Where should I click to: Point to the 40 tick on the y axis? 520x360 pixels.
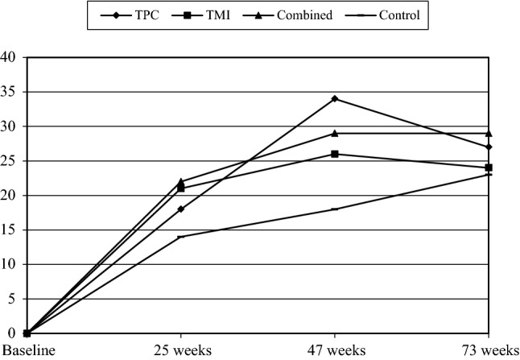pos(9,57)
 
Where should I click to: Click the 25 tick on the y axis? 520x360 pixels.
pos(9,161)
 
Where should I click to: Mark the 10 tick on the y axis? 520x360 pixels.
pos(9,264)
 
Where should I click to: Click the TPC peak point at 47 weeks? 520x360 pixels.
pos(334,99)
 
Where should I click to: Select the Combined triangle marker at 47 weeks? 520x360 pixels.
pos(334,133)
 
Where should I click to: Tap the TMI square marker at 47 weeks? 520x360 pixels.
pos(334,154)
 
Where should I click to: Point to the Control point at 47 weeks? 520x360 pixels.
pos(334,209)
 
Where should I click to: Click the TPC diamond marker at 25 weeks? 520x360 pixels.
pos(180,209)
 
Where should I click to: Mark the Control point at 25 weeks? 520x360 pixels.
pos(180,237)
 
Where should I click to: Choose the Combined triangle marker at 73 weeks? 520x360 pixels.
pos(489,133)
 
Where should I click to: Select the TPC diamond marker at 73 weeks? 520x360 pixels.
pos(489,147)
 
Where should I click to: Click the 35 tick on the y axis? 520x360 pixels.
pos(9,92)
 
